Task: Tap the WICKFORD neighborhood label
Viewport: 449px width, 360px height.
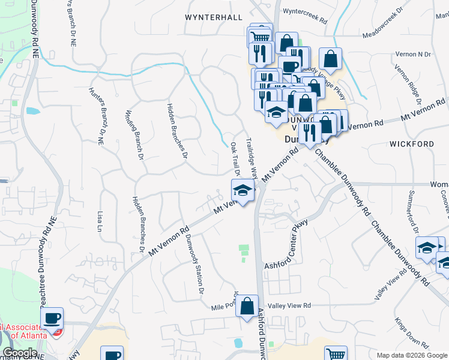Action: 411,144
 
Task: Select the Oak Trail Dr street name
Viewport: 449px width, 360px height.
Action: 235,159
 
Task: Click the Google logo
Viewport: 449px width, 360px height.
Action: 20,353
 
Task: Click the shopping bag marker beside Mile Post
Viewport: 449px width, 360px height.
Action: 247,307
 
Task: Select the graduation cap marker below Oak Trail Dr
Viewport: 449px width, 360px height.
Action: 242,191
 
